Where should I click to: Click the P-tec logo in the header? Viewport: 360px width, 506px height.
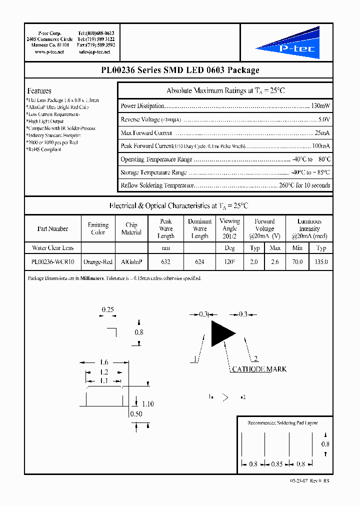[287, 43]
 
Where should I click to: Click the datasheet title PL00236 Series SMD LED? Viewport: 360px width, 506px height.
[179, 70]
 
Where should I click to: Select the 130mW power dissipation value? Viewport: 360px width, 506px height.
[320, 106]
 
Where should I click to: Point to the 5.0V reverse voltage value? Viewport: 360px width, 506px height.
[324, 119]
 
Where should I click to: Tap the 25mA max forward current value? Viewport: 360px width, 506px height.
[322, 133]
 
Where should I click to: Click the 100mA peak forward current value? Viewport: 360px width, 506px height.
[320, 146]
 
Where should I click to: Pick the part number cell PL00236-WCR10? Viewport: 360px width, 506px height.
[52, 261]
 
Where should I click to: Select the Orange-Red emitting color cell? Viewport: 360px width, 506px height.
[98, 261]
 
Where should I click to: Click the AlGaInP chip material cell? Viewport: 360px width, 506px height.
[131, 261]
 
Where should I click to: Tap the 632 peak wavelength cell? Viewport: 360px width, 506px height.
[165, 261]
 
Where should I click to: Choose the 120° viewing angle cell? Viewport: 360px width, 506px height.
[229, 261]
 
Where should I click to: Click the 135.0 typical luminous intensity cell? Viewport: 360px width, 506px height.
[321, 261]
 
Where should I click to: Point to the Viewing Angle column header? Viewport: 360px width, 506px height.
[229, 228]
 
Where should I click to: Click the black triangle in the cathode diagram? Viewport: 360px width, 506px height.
[221, 333]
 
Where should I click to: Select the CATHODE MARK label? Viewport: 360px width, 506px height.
[258, 369]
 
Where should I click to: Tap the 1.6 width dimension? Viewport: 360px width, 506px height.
[103, 362]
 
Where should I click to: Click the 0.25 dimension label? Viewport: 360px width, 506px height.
[107, 309]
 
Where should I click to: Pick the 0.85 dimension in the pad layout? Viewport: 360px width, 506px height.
[277, 464]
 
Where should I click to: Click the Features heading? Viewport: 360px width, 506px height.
[39, 91]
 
